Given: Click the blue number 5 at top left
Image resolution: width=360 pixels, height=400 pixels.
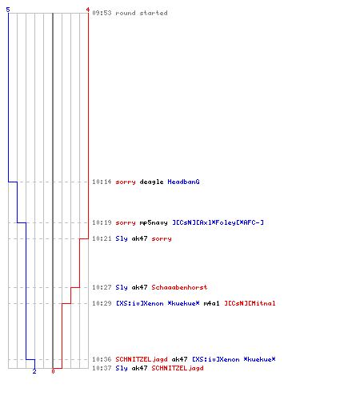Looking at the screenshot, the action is (x=8, y=10).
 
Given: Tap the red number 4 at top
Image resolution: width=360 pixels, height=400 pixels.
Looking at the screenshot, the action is (x=88, y=10).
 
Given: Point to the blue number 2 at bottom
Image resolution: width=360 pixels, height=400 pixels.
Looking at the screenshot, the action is (x=34, y=371).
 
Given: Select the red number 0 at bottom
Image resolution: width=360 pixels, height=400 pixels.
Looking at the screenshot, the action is (x=53, y=371).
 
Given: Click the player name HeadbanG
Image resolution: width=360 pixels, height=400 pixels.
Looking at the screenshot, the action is (x=183, y=182).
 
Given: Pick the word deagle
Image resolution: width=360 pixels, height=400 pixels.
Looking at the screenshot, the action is (x=151, y=182).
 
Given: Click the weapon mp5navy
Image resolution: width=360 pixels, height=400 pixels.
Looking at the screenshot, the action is (x=154, y=222).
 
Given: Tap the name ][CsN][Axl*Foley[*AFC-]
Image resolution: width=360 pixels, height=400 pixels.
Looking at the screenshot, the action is (x=218, y=222).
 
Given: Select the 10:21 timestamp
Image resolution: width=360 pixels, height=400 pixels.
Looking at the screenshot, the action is (x=102, y=238).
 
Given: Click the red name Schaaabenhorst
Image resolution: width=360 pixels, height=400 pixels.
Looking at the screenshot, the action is (x=179, y=287).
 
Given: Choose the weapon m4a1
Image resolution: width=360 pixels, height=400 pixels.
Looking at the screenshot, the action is (x=211, y=303).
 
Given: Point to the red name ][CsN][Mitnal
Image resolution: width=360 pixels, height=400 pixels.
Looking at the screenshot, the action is (x=250, y=303).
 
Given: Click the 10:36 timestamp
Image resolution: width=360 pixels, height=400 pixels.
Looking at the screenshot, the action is (x=102, y=359).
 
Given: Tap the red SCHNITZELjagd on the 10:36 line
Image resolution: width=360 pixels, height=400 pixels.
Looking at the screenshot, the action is (x=142, y=359).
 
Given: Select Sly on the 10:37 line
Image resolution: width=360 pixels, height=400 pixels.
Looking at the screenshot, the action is (x=122, y=368).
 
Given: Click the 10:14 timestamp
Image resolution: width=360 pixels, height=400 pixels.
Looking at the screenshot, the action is (x=102, y=182).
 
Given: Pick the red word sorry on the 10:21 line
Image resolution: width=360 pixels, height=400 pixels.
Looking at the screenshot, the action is (x=162, y=238).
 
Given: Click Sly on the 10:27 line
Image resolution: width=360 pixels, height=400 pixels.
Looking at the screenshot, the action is (x=122, y=287).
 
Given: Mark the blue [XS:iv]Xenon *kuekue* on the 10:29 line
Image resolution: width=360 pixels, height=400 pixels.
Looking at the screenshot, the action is (x=158, y=303).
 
